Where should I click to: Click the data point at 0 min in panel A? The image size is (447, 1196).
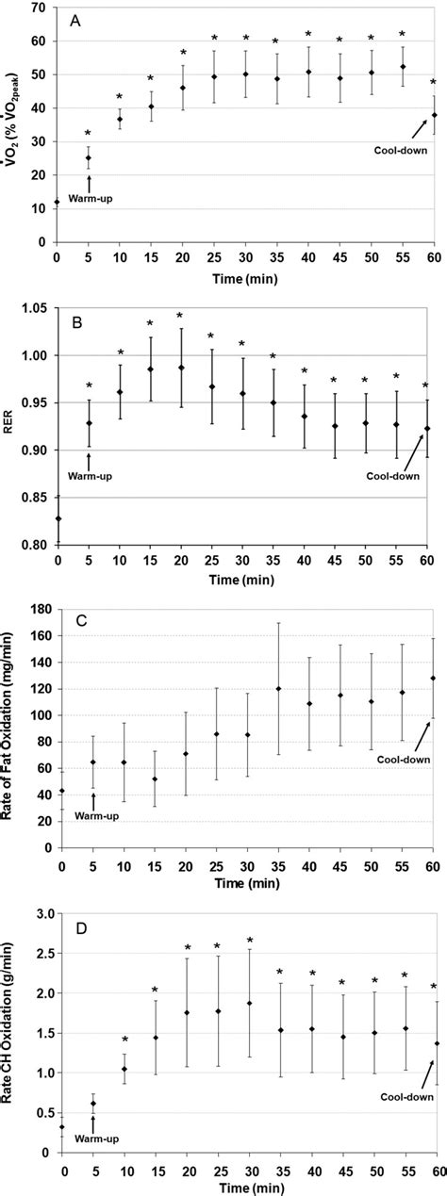point(58,202)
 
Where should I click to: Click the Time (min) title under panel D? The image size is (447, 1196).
point(247,1186)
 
